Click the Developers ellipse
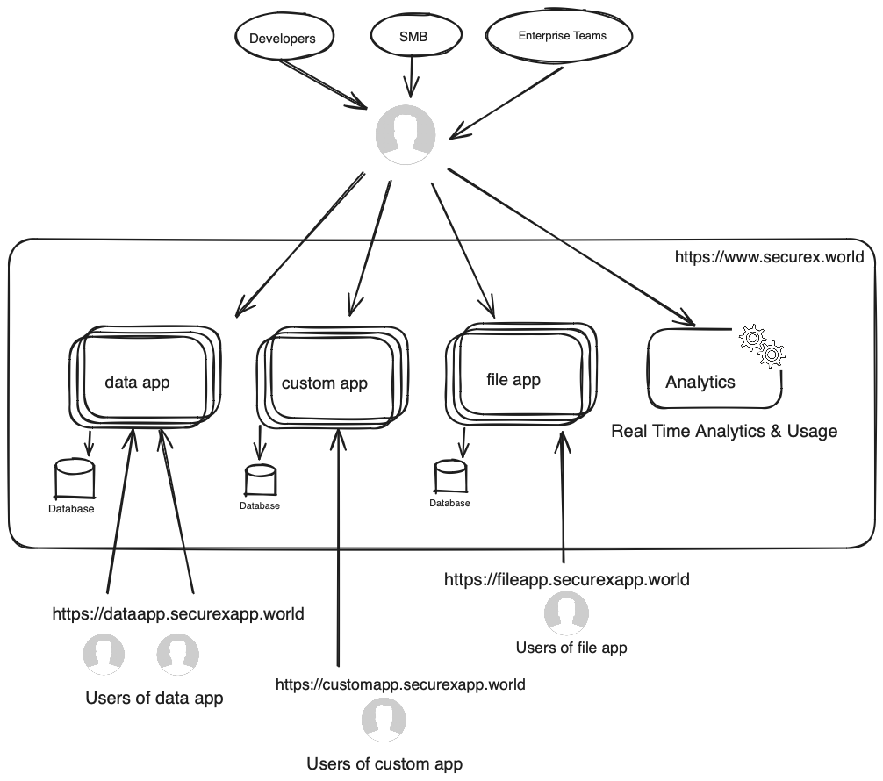282,38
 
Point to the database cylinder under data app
75,479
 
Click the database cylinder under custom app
260,481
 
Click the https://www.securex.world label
769,257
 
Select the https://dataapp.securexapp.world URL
178,613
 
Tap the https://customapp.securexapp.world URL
400,684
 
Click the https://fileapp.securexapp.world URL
566,579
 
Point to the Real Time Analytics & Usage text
724,431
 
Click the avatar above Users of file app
566,613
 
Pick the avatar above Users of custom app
384,720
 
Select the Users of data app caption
154,699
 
